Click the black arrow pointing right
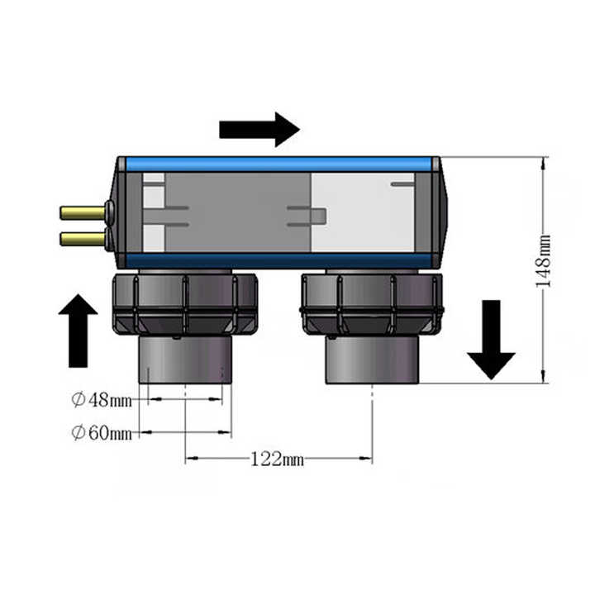[259, 130]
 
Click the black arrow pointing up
[79, 331]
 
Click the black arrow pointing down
[491, 340]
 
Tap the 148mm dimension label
[543, 261]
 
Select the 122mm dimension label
[278, 459]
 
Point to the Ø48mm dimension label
[102, 400]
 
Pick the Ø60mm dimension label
[102, 432]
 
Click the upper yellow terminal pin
[83, 213]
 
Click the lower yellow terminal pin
[83, 239]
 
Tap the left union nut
[185, 304]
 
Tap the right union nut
[372, 304]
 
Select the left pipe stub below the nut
[185, 359]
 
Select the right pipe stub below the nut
[372, 359]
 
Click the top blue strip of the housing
[279, 164]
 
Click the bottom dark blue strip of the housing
[279, 260]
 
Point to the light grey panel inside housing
[363, 212]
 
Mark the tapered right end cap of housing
[440, 212]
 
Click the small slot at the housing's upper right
[402, 184]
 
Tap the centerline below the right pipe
[372, 423]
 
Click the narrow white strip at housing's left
[154, 212]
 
